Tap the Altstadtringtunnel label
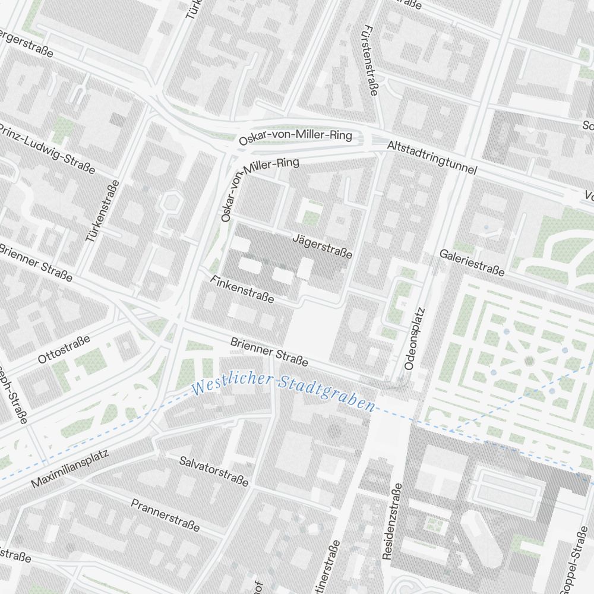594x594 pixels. [x=432, y=157]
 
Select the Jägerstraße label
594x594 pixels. [x=323, y=246]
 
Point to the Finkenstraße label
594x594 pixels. [x=242, y=289]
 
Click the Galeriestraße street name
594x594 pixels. [x=472, y=263]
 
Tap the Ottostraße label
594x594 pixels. [x=64, y=349]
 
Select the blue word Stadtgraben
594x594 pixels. [x=326, y=394]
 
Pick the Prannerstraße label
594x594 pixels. [x=165, y=516]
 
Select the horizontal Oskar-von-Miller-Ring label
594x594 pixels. [x=295, y=138]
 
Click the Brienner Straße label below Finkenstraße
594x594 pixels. [x=269, y=351]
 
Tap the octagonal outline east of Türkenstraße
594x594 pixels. [x=171, y=201]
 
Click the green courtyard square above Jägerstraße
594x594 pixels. [x=311, y=213]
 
